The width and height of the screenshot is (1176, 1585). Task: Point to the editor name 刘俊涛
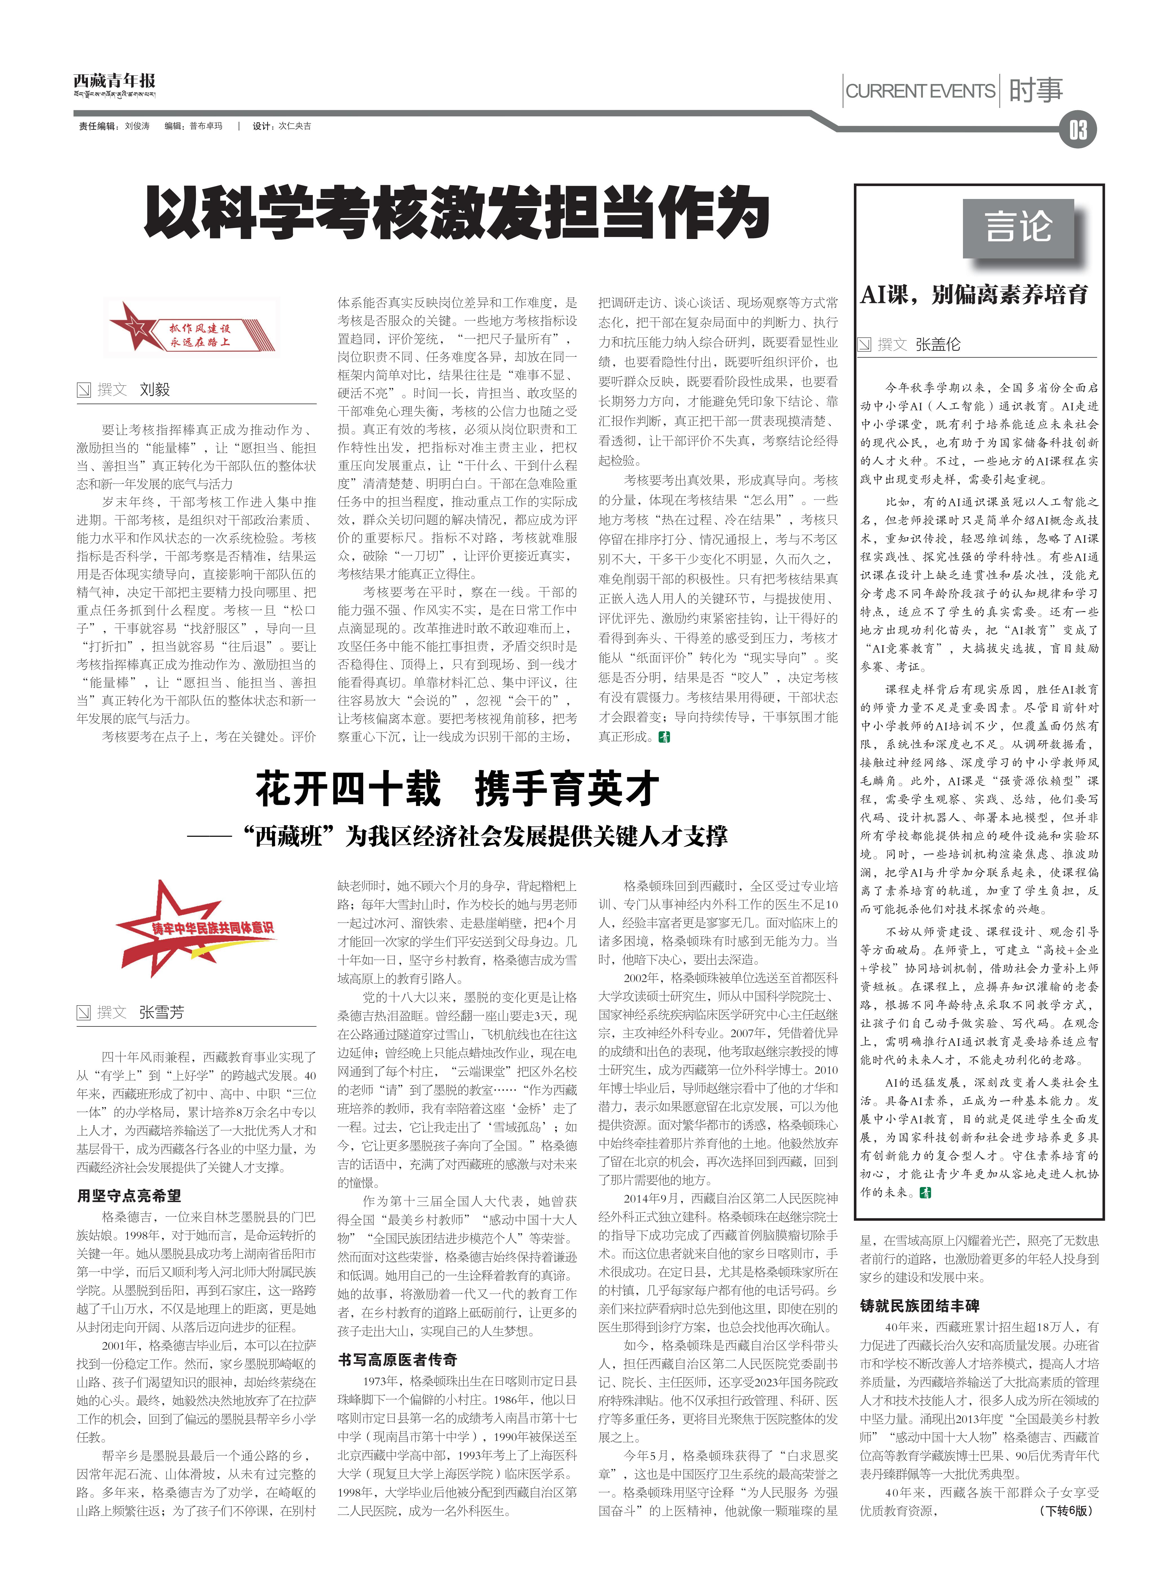(x=138, y=126)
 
